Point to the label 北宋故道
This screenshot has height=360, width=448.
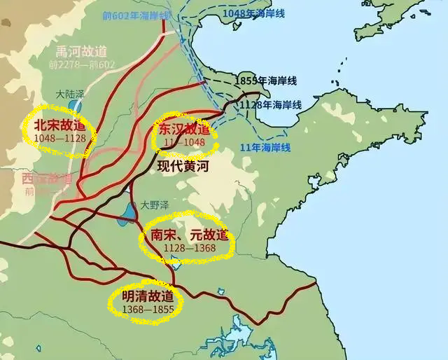pos(59,126)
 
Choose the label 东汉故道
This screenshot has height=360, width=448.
pos(184,130)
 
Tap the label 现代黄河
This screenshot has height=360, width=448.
pos(183,168)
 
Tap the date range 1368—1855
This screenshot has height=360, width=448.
pos(145,309)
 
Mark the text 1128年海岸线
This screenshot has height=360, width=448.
pos(271,104)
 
